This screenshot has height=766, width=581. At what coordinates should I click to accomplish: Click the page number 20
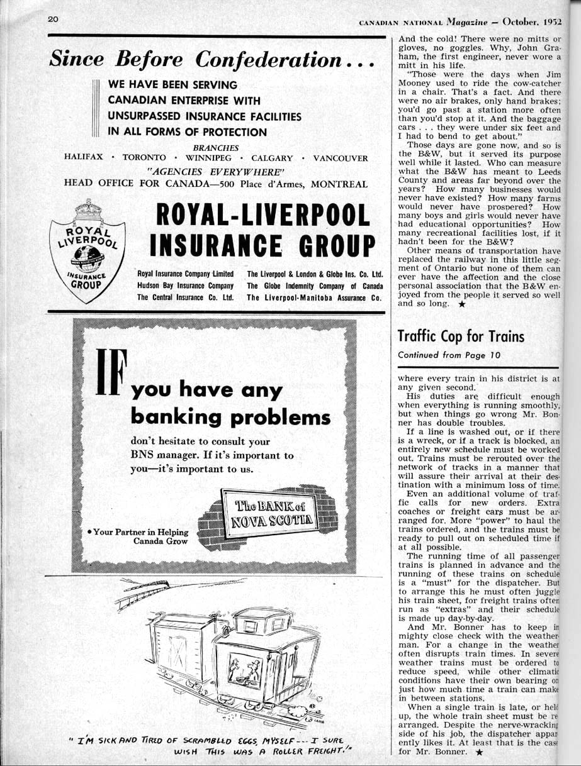(x=53, y=19)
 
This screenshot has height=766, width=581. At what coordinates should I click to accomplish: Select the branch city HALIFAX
(x=84, y=158)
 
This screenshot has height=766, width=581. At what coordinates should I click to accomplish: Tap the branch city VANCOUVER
(x=341, y=158)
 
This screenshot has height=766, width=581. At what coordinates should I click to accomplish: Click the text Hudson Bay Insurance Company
(x=185, y=286)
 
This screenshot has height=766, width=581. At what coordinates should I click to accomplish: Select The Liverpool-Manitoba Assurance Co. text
(x=315, y=297)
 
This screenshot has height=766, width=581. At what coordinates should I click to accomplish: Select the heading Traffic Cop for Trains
(x=461, y=336)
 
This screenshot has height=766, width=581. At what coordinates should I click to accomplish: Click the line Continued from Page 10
(x=449, y=355)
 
